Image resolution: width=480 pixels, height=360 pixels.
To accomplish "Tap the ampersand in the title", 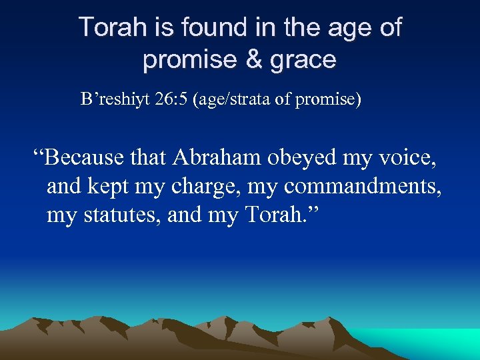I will (253, 60).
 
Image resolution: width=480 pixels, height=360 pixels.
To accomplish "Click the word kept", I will (110, 187).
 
